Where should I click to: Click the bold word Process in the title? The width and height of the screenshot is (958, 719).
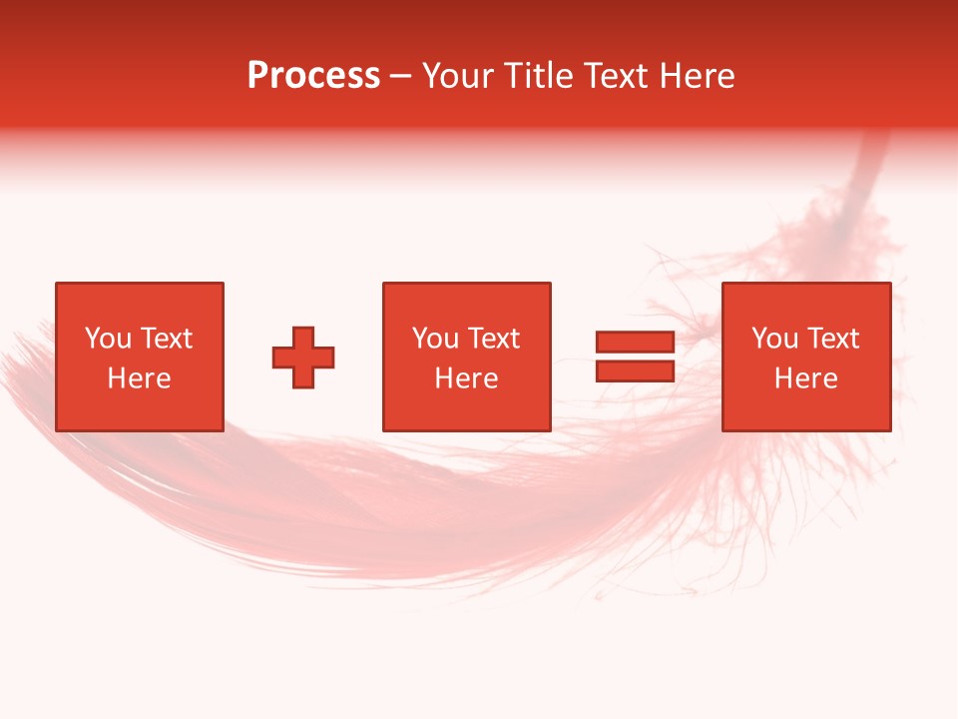pos(313,76)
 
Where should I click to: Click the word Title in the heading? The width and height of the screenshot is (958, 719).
pos(538,76)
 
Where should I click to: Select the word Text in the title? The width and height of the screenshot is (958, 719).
pos(617,76)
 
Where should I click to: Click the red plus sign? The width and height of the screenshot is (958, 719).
pos(303,357)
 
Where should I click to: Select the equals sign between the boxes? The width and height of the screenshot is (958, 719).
pos(635,357)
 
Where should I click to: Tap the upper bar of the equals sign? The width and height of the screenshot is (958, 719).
pos(635,343)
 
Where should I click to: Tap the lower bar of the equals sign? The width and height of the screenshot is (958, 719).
pos(635,370)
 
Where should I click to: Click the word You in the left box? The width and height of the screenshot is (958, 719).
pos(108,339)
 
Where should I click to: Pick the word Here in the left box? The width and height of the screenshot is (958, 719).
pos(139,378)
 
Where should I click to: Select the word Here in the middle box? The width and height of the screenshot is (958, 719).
pos(466,378)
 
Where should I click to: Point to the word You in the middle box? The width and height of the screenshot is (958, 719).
pos(435,339)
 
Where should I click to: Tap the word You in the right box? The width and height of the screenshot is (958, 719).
pos(774,339)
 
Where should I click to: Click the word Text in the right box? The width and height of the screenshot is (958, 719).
pos(831,339)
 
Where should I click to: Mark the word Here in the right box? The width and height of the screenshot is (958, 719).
pos(805,378)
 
